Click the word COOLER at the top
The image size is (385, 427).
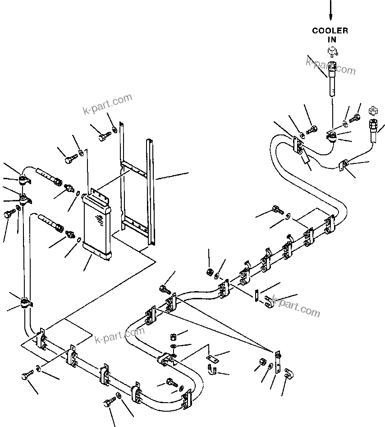(x=330, y=31)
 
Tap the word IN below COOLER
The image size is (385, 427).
(x=331, y=40)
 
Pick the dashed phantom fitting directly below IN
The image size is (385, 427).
(x=331, y=53)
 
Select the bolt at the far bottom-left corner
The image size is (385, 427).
(x=25, y=376)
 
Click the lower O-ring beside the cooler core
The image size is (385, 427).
(x=79, y=240)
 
